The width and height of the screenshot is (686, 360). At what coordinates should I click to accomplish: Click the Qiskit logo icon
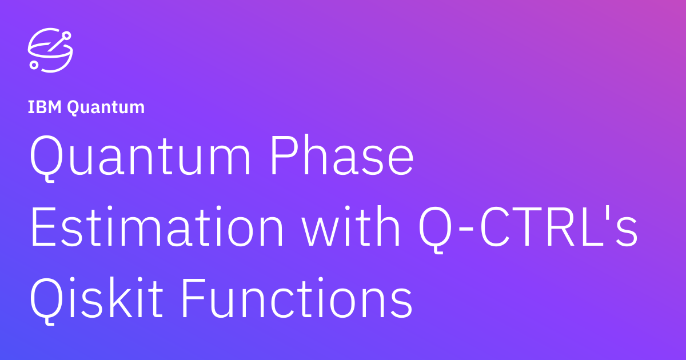50,50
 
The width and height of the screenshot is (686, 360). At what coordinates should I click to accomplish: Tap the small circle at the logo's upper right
66,36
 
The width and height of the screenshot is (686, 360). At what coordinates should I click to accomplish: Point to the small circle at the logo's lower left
34,65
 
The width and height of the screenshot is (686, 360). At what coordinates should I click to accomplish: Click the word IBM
45,107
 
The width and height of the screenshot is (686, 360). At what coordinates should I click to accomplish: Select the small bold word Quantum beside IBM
106,108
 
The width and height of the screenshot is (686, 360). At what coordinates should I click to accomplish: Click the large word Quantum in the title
139,156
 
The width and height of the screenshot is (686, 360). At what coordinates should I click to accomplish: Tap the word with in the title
351,226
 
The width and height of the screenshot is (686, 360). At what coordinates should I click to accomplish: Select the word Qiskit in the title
97,300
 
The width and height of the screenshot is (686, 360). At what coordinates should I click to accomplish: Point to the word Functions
297,298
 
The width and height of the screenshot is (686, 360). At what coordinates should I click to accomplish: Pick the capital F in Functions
194,298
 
